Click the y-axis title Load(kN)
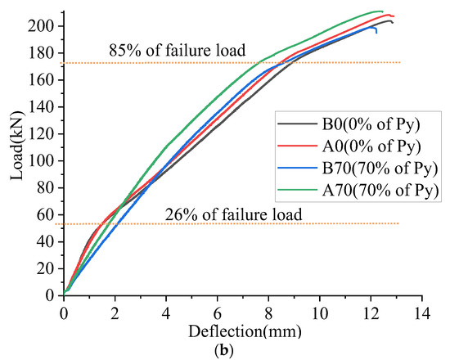coord(14,153)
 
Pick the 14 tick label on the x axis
coord(422,313)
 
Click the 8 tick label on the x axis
coord(268,313)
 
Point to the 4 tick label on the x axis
coord(166,313)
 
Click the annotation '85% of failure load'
coord(177,52)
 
